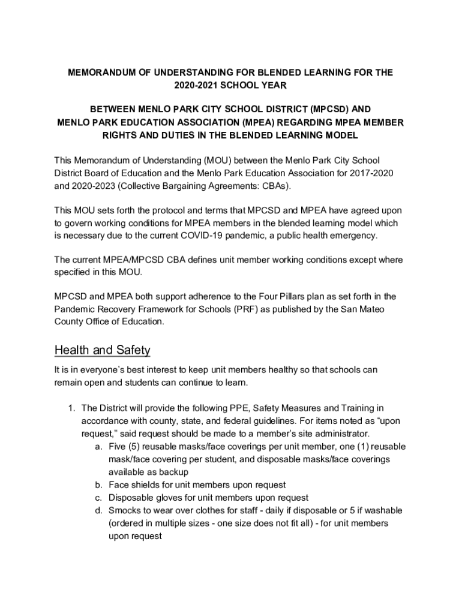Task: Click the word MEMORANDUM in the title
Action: (98, 73)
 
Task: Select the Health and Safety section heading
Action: (102, 350)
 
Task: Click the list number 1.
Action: (71, 408)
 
